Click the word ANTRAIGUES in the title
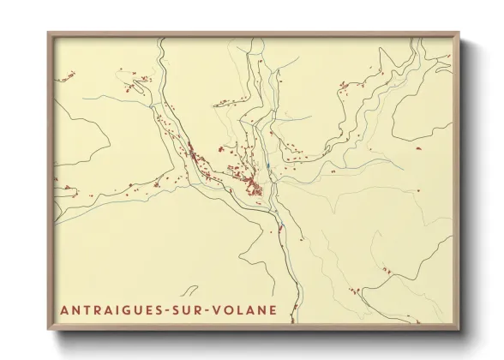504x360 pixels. coord(116,309)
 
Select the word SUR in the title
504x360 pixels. coord(196,309)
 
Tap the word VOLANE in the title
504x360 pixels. coord(249,309)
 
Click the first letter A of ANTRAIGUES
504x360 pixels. coord(64,309)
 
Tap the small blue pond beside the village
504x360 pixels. coord(268,166)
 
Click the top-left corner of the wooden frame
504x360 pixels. coord(49,33)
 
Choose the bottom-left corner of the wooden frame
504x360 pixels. coord(49,330)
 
